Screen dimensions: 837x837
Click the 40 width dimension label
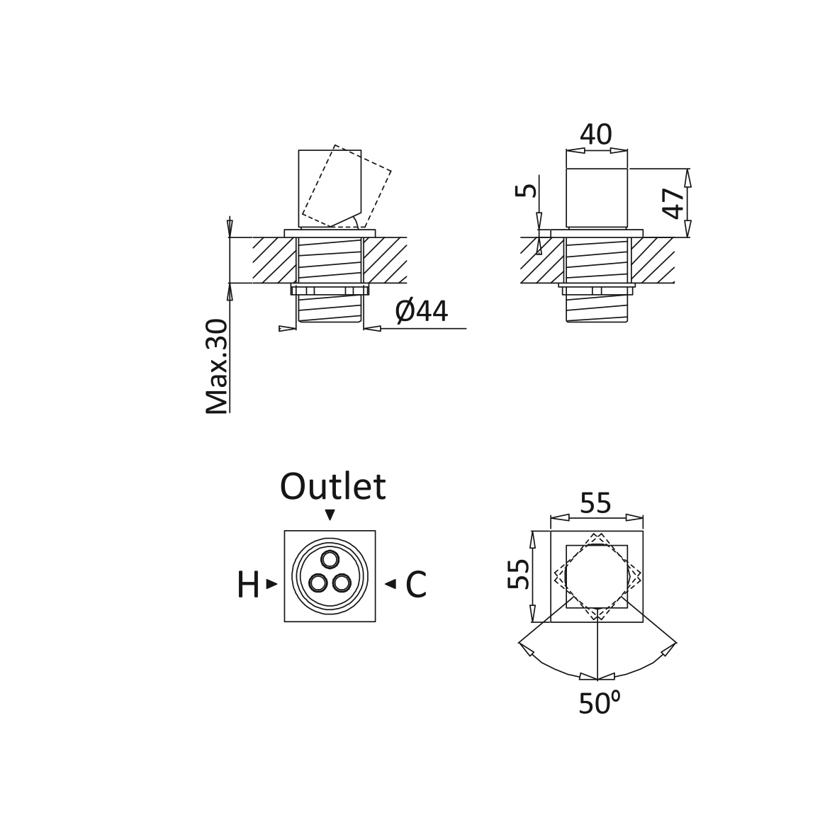click(x=596, y=135)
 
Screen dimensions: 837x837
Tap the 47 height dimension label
click(x=674, y=203)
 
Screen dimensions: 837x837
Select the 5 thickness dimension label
click(x=527, y=190)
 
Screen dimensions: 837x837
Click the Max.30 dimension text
click(x=217, y=366)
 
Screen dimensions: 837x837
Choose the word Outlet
click(x=332, y=486)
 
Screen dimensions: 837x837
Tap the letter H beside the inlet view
click(x=248, y=585)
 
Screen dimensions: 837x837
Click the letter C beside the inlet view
click(x=416, y=585)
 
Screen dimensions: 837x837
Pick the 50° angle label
click(x=599, y=703)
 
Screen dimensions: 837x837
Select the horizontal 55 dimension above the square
click(x=596, y=503)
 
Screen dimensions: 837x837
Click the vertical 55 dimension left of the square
click(x=518, y=574)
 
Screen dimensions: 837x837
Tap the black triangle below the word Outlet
click(x=330, y=515)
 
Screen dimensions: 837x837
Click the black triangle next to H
click(x=271, y=584)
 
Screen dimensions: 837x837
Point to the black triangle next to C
click(x=391, y=584)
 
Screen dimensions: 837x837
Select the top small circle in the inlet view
click(x=330, y=559)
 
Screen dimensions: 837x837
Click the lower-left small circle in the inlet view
click(x=318, y=583)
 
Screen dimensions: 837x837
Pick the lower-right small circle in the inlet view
click(x=342, y=583)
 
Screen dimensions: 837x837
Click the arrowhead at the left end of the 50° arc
click(x=527, y=648)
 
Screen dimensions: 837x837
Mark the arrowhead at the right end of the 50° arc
click(x=668, y=648)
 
